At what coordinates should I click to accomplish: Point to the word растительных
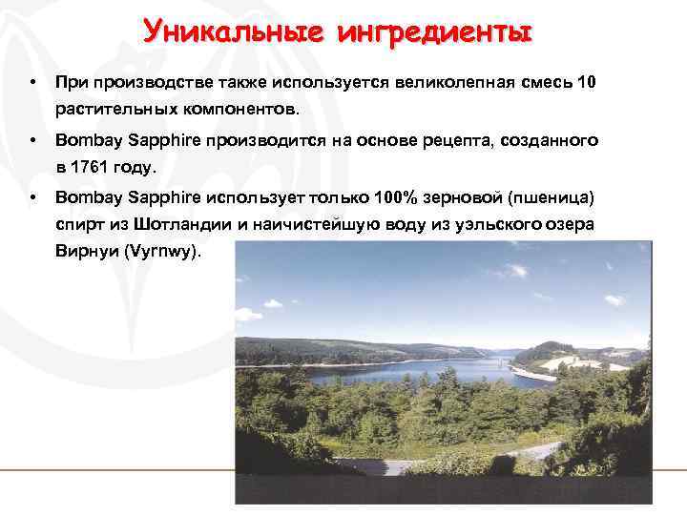(x=110, y=108)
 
